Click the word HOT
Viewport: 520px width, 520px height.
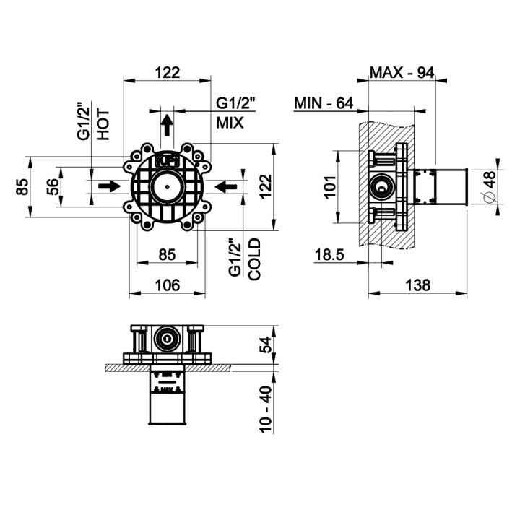[103, 123]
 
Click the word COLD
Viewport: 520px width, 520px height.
[253, 259]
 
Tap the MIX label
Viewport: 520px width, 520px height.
[230, 123]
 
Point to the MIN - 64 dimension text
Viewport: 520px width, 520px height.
[323, 104]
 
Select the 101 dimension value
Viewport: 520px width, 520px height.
[330, 187]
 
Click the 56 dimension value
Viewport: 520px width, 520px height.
[53, 187]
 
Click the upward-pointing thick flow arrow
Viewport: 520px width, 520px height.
[167, 126]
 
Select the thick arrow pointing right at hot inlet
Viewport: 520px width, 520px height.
[109, 186]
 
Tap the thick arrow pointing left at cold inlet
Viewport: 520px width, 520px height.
[226, 186]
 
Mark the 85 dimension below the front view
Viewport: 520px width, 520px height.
[168, 255]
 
